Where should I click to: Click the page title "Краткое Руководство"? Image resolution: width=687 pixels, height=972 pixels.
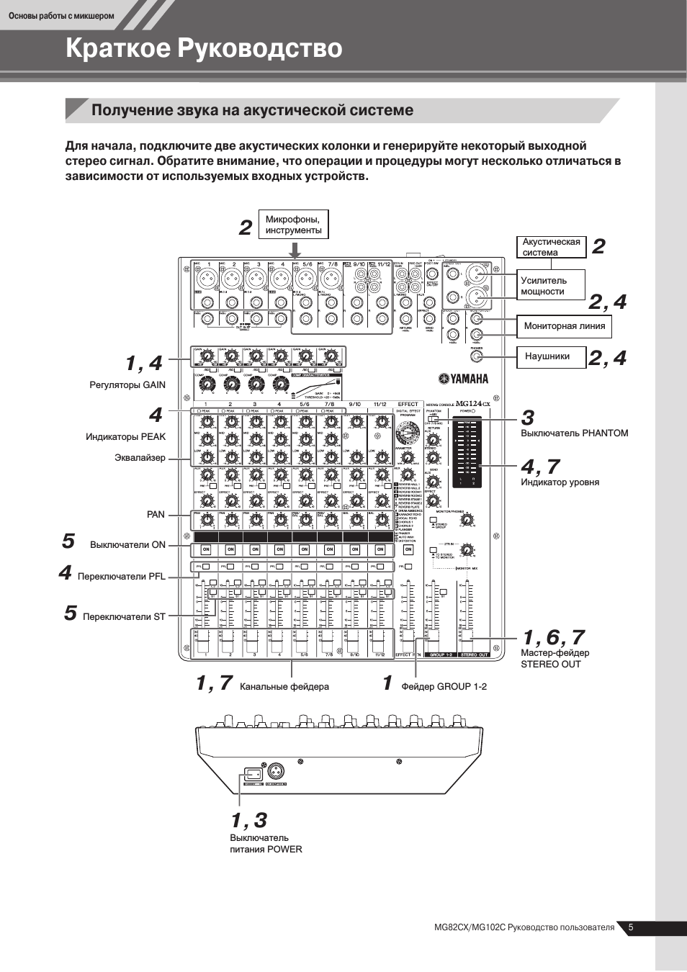(x=204, y=48)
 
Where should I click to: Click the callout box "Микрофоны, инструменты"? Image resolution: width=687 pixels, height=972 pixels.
(x=294, y=225)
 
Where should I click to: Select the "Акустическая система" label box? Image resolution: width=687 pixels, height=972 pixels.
(x=551, y=247)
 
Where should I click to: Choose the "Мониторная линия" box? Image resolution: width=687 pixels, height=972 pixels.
(x=564, y=326)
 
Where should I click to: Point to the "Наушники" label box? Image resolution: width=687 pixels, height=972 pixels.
(x=550, y=356)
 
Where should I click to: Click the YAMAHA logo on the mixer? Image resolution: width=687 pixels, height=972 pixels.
(x=464, y=379)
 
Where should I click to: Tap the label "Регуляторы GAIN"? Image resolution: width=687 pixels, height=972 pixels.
(x=127, y=385)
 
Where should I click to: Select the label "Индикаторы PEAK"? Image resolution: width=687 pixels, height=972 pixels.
(x=125, y=436)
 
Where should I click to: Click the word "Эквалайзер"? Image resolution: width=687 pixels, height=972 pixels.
(x=140, y=458)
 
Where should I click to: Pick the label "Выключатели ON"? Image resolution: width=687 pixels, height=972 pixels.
(x=127, y=545)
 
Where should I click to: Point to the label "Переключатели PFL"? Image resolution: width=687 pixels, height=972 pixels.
(x=121, y=577)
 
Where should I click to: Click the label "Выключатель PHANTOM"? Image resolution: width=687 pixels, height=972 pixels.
(x=574, y=433)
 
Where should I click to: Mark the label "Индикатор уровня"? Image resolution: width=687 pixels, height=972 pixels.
(x=560, y=482)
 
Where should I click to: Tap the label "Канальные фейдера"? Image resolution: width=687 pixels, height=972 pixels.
(x=284, y=687)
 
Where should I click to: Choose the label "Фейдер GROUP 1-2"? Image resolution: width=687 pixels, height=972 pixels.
(x=444, y=687)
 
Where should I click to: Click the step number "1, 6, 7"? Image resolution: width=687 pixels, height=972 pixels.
(x=553, y=637)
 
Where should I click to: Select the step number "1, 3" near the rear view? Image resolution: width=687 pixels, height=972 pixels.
(x=249, y=820)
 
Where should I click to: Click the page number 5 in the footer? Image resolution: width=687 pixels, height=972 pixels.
(x=631, y=927)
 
